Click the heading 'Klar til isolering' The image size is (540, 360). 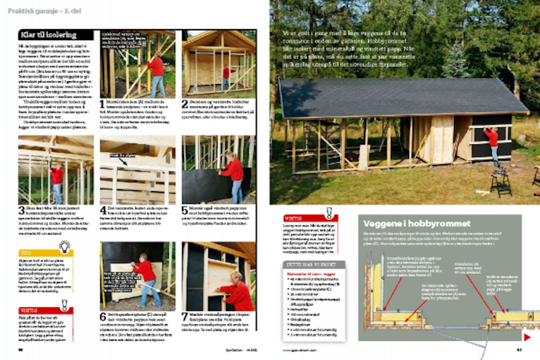(49, 35)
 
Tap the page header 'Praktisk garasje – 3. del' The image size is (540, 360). (45, 11)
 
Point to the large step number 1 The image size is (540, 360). (103, 104)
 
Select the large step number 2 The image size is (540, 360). (185, 104)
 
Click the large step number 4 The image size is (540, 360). (103, 210)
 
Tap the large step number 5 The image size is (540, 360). (185, 210)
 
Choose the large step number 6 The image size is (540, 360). (103, 317)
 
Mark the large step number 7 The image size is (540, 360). (185, 317)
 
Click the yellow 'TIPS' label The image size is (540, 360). (26, 253)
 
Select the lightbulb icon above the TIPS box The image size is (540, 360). (65, 246)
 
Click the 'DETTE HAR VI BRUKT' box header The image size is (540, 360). (312, 264)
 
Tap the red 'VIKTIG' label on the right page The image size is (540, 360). (293, 219)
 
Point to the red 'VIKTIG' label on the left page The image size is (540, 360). (28, 310)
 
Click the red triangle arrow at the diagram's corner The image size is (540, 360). (527, 337)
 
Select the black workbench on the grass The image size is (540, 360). (501, 182)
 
